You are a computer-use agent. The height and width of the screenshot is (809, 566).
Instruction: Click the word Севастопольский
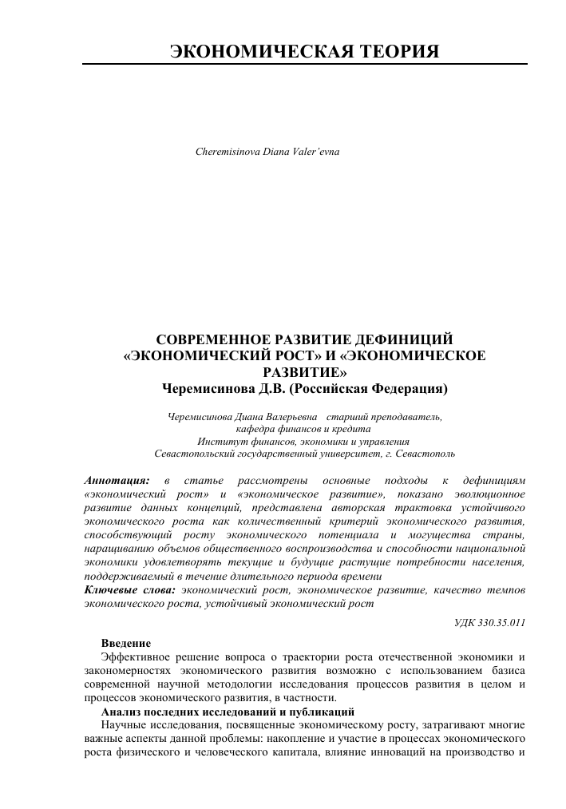click(x=196, y=453)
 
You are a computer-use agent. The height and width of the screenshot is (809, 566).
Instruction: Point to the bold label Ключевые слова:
click(x=129, y=589)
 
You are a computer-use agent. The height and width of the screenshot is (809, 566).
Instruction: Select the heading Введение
click(x=125, y=644)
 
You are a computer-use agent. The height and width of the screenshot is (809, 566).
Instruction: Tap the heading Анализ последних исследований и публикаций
click(x=228, y=712)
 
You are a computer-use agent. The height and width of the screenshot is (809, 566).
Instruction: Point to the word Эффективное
click(x=135, y=657)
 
